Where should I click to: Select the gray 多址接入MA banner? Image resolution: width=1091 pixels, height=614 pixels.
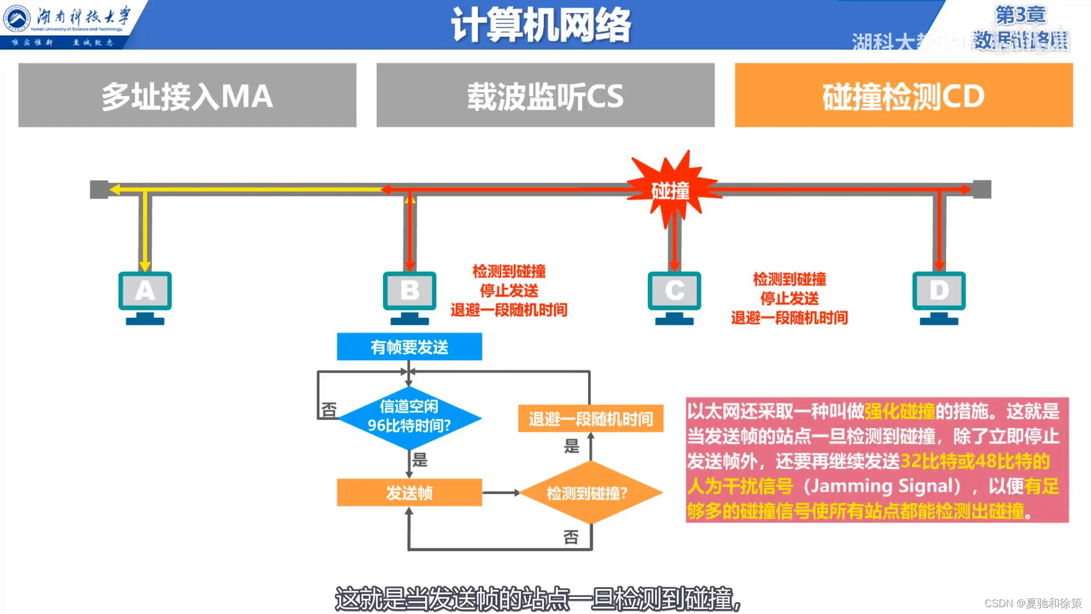[x=187, y=96]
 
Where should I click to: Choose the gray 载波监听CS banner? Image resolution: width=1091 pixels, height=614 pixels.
[x=545, y=96]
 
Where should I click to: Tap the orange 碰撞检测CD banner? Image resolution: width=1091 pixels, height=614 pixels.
[x=903, y=96]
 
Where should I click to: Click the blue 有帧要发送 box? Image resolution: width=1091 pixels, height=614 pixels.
[x=409, y=347]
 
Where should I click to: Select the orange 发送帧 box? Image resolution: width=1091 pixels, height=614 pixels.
[x=409, y=492]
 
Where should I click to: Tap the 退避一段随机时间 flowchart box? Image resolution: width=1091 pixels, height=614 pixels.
[x=590, y=418]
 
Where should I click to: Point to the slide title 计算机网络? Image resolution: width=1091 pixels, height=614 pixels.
[x=541, y=25]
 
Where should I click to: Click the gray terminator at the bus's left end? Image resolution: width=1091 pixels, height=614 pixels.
[x=99, y=189]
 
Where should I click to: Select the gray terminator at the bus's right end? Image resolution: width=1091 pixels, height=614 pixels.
[x=982, y=189]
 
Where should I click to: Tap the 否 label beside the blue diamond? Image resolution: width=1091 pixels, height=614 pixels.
[x=329, y=410]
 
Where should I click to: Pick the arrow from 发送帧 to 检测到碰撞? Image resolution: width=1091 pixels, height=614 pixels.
[x=501, y=492]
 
